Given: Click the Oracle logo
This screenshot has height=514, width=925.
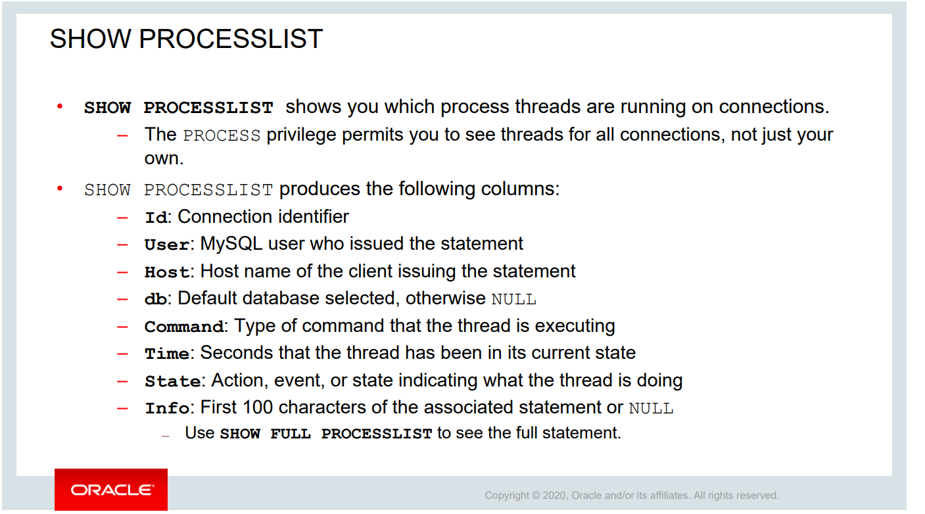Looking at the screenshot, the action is pyautogui.click(x=111, y=490).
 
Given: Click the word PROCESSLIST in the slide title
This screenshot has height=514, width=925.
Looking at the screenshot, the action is pyautogui.click(x=230, y=39).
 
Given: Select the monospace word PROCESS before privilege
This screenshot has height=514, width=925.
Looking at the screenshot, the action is pyautogui.click(x=222, y=135).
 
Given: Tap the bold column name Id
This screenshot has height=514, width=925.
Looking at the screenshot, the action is pyautogui.click(x=156, y=217).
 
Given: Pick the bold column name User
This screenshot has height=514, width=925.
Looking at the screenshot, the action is pyautogui.click(x=167, y=245).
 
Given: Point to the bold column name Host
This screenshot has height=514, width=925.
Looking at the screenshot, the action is pyautogui.click(x=167, y=271).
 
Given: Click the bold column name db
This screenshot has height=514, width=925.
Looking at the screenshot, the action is pyautogui.click(x=156, y=299).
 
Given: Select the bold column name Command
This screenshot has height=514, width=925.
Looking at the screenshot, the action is pyautogui.click(x=184, y=327).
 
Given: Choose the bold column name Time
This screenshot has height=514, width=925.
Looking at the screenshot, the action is pyautogui.click(x=167, y=354).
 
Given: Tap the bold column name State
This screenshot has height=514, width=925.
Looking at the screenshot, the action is pyautogui.click(x=173, y=381).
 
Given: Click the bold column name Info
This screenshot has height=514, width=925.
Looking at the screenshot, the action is pyautogui.click(x=167, y=408).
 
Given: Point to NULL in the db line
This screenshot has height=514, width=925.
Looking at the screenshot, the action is pyautogui.click(x=513, y=299).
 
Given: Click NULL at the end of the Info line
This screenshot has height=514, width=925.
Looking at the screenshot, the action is pyautogui.click(x=652, y=408).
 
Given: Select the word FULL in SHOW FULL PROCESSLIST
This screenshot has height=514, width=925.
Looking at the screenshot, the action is pyautogui.click(x=291, y=434).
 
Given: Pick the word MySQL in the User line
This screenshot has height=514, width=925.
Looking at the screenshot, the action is pyautogui.click(x=231, y=244).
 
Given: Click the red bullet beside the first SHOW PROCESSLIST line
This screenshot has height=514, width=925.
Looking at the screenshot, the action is pyautogui.click(x=60, y=106).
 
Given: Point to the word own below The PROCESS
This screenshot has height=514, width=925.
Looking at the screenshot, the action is pyautogui.click(x=164, y=158).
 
